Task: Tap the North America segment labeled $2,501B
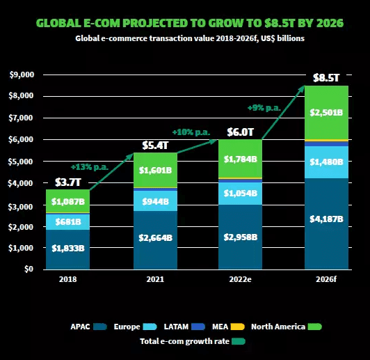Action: pyautogui.click(x=325, y=113)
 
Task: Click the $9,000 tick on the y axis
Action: pyautogui.click(x=23, y=75)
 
